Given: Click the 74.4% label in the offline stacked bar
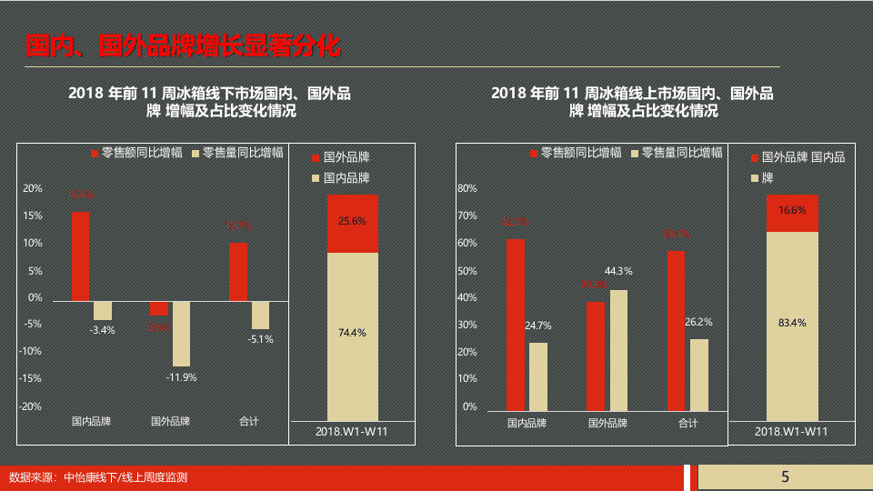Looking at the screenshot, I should tap(352, 333).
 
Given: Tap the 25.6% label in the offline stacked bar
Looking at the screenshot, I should tap(352, 221).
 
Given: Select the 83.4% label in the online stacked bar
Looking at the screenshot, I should tap(792, 322).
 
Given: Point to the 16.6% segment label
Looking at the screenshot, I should tap(792, 210).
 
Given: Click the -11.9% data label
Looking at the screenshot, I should tap(181, 377).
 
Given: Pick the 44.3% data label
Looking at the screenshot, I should tap(618, 271).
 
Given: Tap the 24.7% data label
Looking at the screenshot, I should tap(537, 325).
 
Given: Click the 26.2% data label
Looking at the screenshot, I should tap(699, 322).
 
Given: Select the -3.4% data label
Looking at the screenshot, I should tap(103, 330).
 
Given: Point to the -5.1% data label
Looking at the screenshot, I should tap(260, 339).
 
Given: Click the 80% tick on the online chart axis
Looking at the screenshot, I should tap(467, 189).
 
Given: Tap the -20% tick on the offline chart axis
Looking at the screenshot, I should tap(32, 406).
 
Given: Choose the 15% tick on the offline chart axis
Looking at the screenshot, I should tap(33, 215).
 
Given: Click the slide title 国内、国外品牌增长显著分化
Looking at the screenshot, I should tap(184, 45).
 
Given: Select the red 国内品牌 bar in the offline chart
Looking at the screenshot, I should tap(80, 256).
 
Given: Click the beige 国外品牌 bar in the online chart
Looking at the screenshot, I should tap(618, 349).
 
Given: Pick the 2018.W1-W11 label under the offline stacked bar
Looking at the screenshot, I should tap(352, 431).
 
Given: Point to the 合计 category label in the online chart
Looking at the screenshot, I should tap(688, 423).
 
